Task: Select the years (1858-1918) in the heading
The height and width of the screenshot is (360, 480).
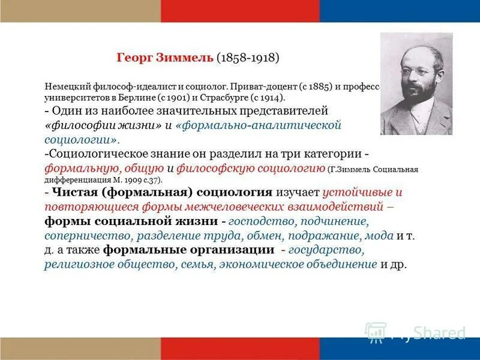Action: coord(247,58)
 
